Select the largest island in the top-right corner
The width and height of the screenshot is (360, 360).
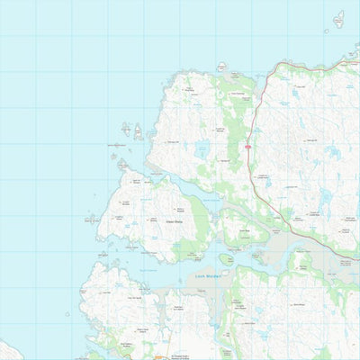click(338, 19)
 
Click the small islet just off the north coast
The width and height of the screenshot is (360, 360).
click(221, 66)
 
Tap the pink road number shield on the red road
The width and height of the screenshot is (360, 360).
click(246, 146)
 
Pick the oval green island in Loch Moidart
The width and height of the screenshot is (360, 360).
click(226, 259)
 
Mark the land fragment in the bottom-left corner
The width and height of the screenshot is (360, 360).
click(5, 349)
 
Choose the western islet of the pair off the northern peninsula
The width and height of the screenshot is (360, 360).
click(126, 130)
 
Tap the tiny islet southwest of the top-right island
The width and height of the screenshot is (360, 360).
click(326, 31)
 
